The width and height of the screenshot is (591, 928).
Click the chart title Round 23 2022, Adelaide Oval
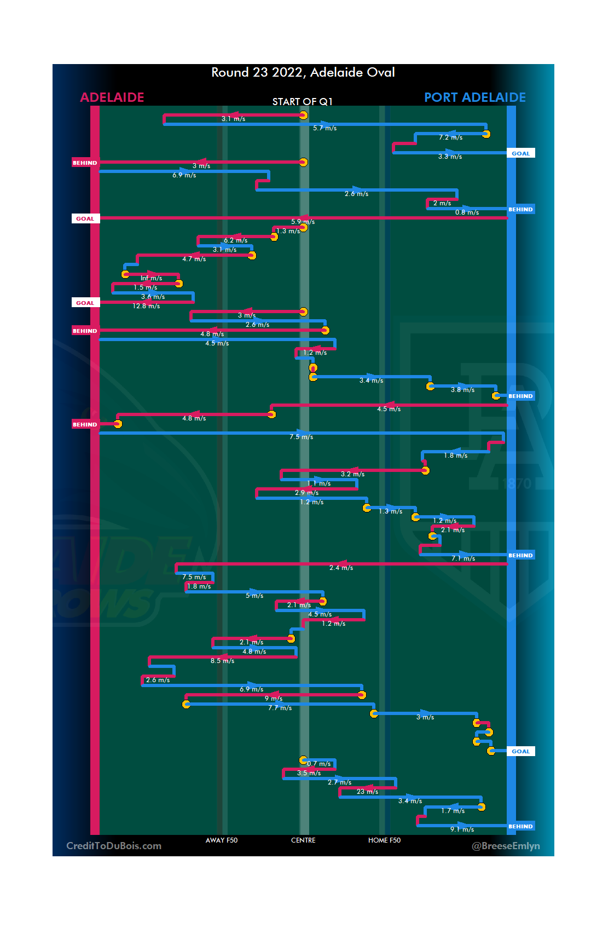pos(303,72)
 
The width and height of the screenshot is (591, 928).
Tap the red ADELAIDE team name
pos(112,97)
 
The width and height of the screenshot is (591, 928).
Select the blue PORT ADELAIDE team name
pos(474,97)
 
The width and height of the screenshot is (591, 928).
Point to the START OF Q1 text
pos(302,102)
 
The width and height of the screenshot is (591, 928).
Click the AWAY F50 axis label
pos(222,840)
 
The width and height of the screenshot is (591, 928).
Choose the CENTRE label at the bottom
pos(303,840)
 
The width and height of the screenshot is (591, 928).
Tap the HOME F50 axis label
pos(384,840)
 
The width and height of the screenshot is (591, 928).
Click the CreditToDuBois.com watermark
pos(114,846)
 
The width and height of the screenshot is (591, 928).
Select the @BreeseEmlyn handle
pos(506,846)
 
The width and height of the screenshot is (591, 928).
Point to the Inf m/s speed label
pos(151,278)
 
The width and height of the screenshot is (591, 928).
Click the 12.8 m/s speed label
pos(146,306)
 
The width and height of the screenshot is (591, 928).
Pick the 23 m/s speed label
pos(367,792)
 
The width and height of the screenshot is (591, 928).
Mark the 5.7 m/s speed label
pos(325,128)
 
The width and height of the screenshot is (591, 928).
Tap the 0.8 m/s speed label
pos(467,212)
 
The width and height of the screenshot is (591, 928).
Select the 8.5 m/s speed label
pos(222,661)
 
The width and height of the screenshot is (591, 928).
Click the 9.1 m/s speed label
pos(462,829)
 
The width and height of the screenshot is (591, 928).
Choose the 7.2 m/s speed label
pos(450,137)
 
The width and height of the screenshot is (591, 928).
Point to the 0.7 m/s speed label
pos(318,764)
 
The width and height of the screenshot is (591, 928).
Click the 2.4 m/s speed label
pos(341,568)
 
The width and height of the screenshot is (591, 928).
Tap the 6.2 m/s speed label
pos(235,240)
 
